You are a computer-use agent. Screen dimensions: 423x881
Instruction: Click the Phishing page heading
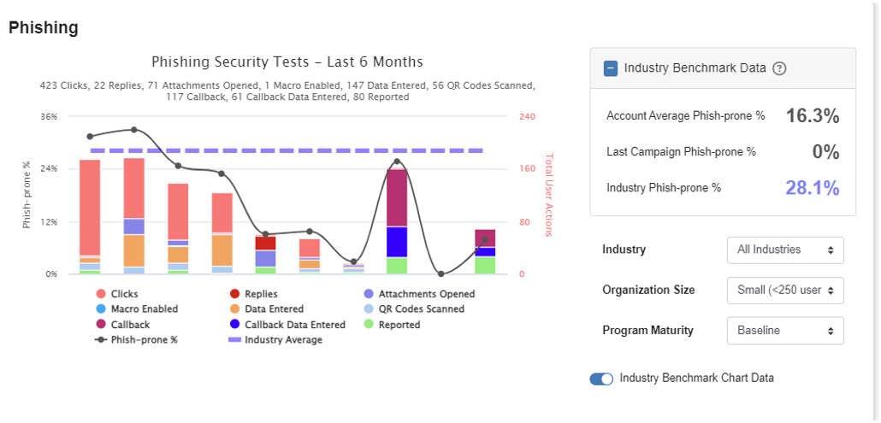(44, 28)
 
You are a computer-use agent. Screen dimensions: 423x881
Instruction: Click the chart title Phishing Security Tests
(287, 62)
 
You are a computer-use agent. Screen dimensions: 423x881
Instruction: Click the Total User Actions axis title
(549, 196)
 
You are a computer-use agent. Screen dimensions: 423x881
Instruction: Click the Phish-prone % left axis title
(27, 196)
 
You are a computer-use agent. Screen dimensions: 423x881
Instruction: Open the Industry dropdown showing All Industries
(784, 250)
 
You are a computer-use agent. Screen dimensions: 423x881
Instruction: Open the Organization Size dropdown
(784, 291)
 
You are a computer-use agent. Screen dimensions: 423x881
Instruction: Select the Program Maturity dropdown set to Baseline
(784, 331)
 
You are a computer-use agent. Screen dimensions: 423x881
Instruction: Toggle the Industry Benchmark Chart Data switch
(601, 379)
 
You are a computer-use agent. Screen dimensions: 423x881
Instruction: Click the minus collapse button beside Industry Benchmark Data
(611, 68)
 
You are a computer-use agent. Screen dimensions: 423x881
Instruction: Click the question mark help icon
(779, 68)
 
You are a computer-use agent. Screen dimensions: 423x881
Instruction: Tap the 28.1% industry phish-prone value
(812, 188)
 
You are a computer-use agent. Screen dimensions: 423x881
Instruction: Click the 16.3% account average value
(812, 116)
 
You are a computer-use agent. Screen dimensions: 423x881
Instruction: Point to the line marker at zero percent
(440, 274)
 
